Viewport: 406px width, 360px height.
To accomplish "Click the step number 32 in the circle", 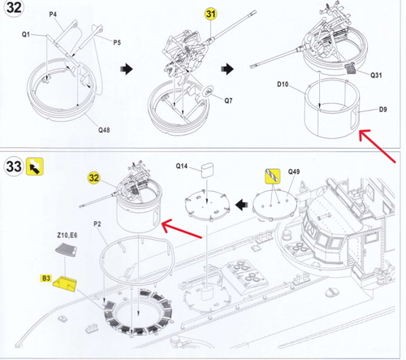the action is (14, 8).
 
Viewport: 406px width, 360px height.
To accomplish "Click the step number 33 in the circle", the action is (14, 167).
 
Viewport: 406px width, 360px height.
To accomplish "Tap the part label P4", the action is (53, 15).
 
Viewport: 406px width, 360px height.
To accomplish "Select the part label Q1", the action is (26, 34).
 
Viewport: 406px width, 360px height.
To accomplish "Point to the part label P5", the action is (117, 42).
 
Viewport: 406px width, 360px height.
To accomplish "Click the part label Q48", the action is (104, 130).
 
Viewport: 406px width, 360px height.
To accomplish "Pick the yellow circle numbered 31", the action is (211, 14).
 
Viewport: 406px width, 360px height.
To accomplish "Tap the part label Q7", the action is (228, 101).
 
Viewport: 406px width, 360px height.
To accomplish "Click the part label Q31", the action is (376, 75).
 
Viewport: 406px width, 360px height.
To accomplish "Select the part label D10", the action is (283, 85).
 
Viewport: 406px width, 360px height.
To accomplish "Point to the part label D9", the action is (382, 110).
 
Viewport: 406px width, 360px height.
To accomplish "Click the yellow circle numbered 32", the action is (94, 178).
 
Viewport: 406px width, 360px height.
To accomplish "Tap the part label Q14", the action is (182, 166).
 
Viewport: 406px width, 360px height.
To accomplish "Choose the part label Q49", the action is (294, 171).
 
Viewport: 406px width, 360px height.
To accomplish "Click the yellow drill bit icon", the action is (273, 176).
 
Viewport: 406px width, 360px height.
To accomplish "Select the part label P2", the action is (97, 224).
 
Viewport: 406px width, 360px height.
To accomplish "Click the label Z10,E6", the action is (67, 235).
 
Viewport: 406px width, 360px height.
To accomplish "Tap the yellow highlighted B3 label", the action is (46, 278).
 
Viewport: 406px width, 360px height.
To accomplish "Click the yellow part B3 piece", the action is (65, 284).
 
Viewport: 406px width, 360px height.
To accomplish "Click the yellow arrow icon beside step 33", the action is (35, 167).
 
